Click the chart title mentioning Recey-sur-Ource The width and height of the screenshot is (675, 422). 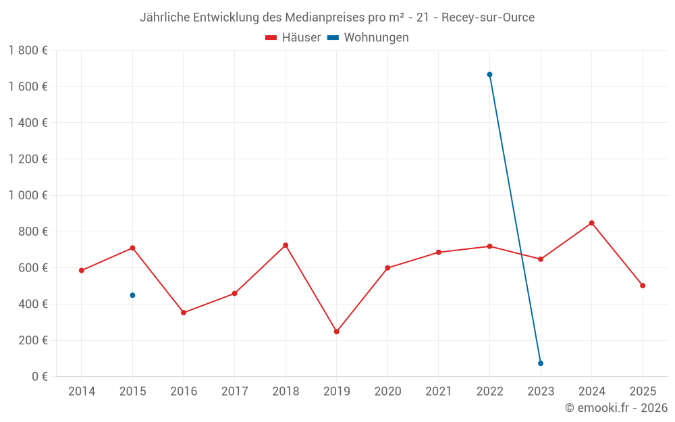click(337, 18)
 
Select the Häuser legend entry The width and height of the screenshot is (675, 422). click(293, 38)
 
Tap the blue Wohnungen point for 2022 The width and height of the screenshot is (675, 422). click(489, 75)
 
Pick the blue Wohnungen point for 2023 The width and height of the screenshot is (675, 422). click(541, 363)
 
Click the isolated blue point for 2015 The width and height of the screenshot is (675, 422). click(132, 295)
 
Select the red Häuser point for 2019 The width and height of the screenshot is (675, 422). click(336, 332)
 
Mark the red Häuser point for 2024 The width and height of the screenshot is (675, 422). click(591, 223)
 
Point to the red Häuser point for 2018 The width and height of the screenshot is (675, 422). click(286, 245)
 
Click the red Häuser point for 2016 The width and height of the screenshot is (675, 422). click(184, 313)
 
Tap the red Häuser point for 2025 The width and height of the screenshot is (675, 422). click(643, 286)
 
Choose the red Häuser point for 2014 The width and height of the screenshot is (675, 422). click(82, 271)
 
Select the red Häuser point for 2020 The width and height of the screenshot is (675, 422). click(387, 268)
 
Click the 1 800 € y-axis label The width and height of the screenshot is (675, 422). click(28, 51)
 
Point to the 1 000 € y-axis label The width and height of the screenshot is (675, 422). click(28, 196)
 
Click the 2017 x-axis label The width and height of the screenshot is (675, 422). click(234, 392)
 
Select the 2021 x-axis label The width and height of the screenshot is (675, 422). click(439, 392)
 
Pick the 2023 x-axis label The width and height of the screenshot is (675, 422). click(541, 392)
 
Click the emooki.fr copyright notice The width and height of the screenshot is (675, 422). click(616, 408)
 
